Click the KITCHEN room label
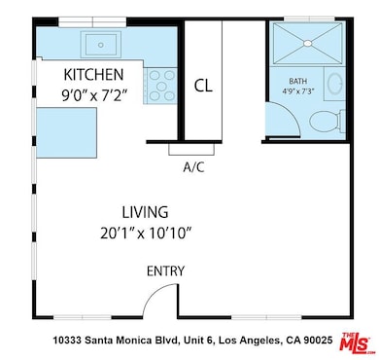pyautogui.click(x=93, y=75)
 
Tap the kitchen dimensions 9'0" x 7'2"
pyautogui.click(x=93, y=95)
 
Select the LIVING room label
pyautogui.click(x=145, y=212)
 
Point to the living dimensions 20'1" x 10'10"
pyautogui.click(x=146, y=234)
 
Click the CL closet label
pyautogui.click(x=203, y=86)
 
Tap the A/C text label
pyautogui.click(x=193, y=167)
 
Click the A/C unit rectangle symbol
pyautogui.click(x=191, y=149)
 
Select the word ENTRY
pyautogui.click(x=165, y=271)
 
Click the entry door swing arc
pyautogui.click(x=155, y=292)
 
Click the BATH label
pyautogui.click(x=298, y=81)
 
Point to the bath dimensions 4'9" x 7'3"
pyautogui.click(x=298, y=91)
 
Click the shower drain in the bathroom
pyautogui.click(x=308, y=43)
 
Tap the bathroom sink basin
pyautogui.click(x=335, y=83)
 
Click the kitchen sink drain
pyautogui.click(x=101, y=45)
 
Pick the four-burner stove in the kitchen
pyautogui.click(x=160, y=86)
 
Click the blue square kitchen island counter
pyautogui.click(x=66, y=133)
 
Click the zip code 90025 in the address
pyautogui.click(x=318, y=341)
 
